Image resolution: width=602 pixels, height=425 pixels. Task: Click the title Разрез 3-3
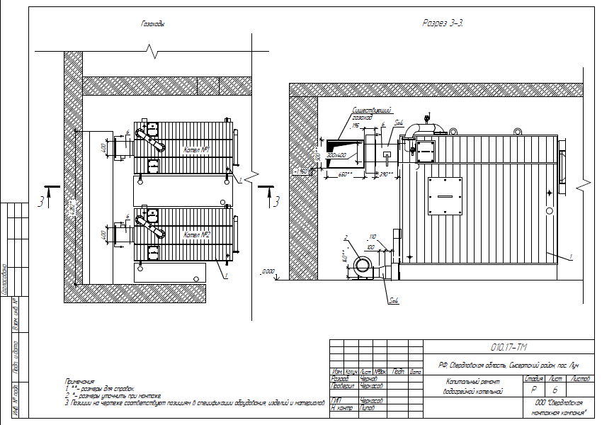pyautogui.click(x=443, y=23)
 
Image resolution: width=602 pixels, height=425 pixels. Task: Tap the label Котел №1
pyautogui.click(x=195, y=151)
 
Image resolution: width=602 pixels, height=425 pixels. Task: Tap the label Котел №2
pyautogui.click(x=195, y=234)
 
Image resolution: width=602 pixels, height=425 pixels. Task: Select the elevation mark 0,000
pyautogui.click(x=268, y=271)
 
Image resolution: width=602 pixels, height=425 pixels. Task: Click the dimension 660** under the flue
pyautogui.click(x=346, y=174)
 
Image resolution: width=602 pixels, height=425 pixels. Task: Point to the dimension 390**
pyautogui.click(x=385, y=174)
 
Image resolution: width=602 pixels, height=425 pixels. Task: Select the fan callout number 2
pyautogui.click(x=345, y=237)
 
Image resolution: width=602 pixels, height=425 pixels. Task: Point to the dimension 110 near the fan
pyautogui.click(x=373, y=237)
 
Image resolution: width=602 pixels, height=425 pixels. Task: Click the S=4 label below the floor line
pyautogui.click(x=394, y=300)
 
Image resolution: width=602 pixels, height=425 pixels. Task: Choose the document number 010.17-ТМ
pyautogui.click(x=509, y=347)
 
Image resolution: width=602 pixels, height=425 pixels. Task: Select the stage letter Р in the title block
pyautogui.click(x=533, y=390)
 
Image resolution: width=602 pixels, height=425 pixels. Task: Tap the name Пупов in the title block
pyautogui.click(x=368, y=409)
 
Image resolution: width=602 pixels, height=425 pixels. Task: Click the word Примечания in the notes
pyautogui.click(x=79, y=380)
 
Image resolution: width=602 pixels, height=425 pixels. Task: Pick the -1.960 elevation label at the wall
pyautogui.click(x=301, y=171)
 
